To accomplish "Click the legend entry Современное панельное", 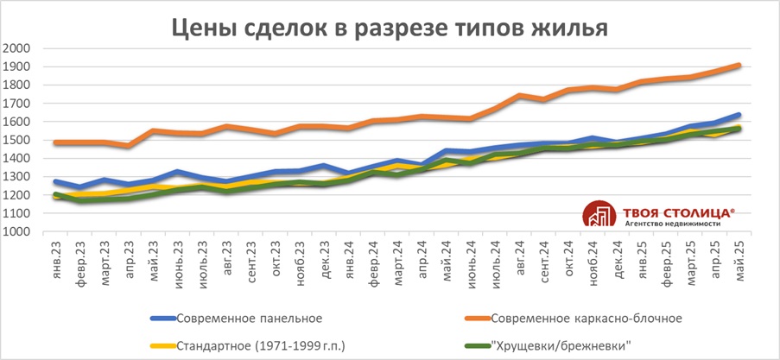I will [x=242, y=319].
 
